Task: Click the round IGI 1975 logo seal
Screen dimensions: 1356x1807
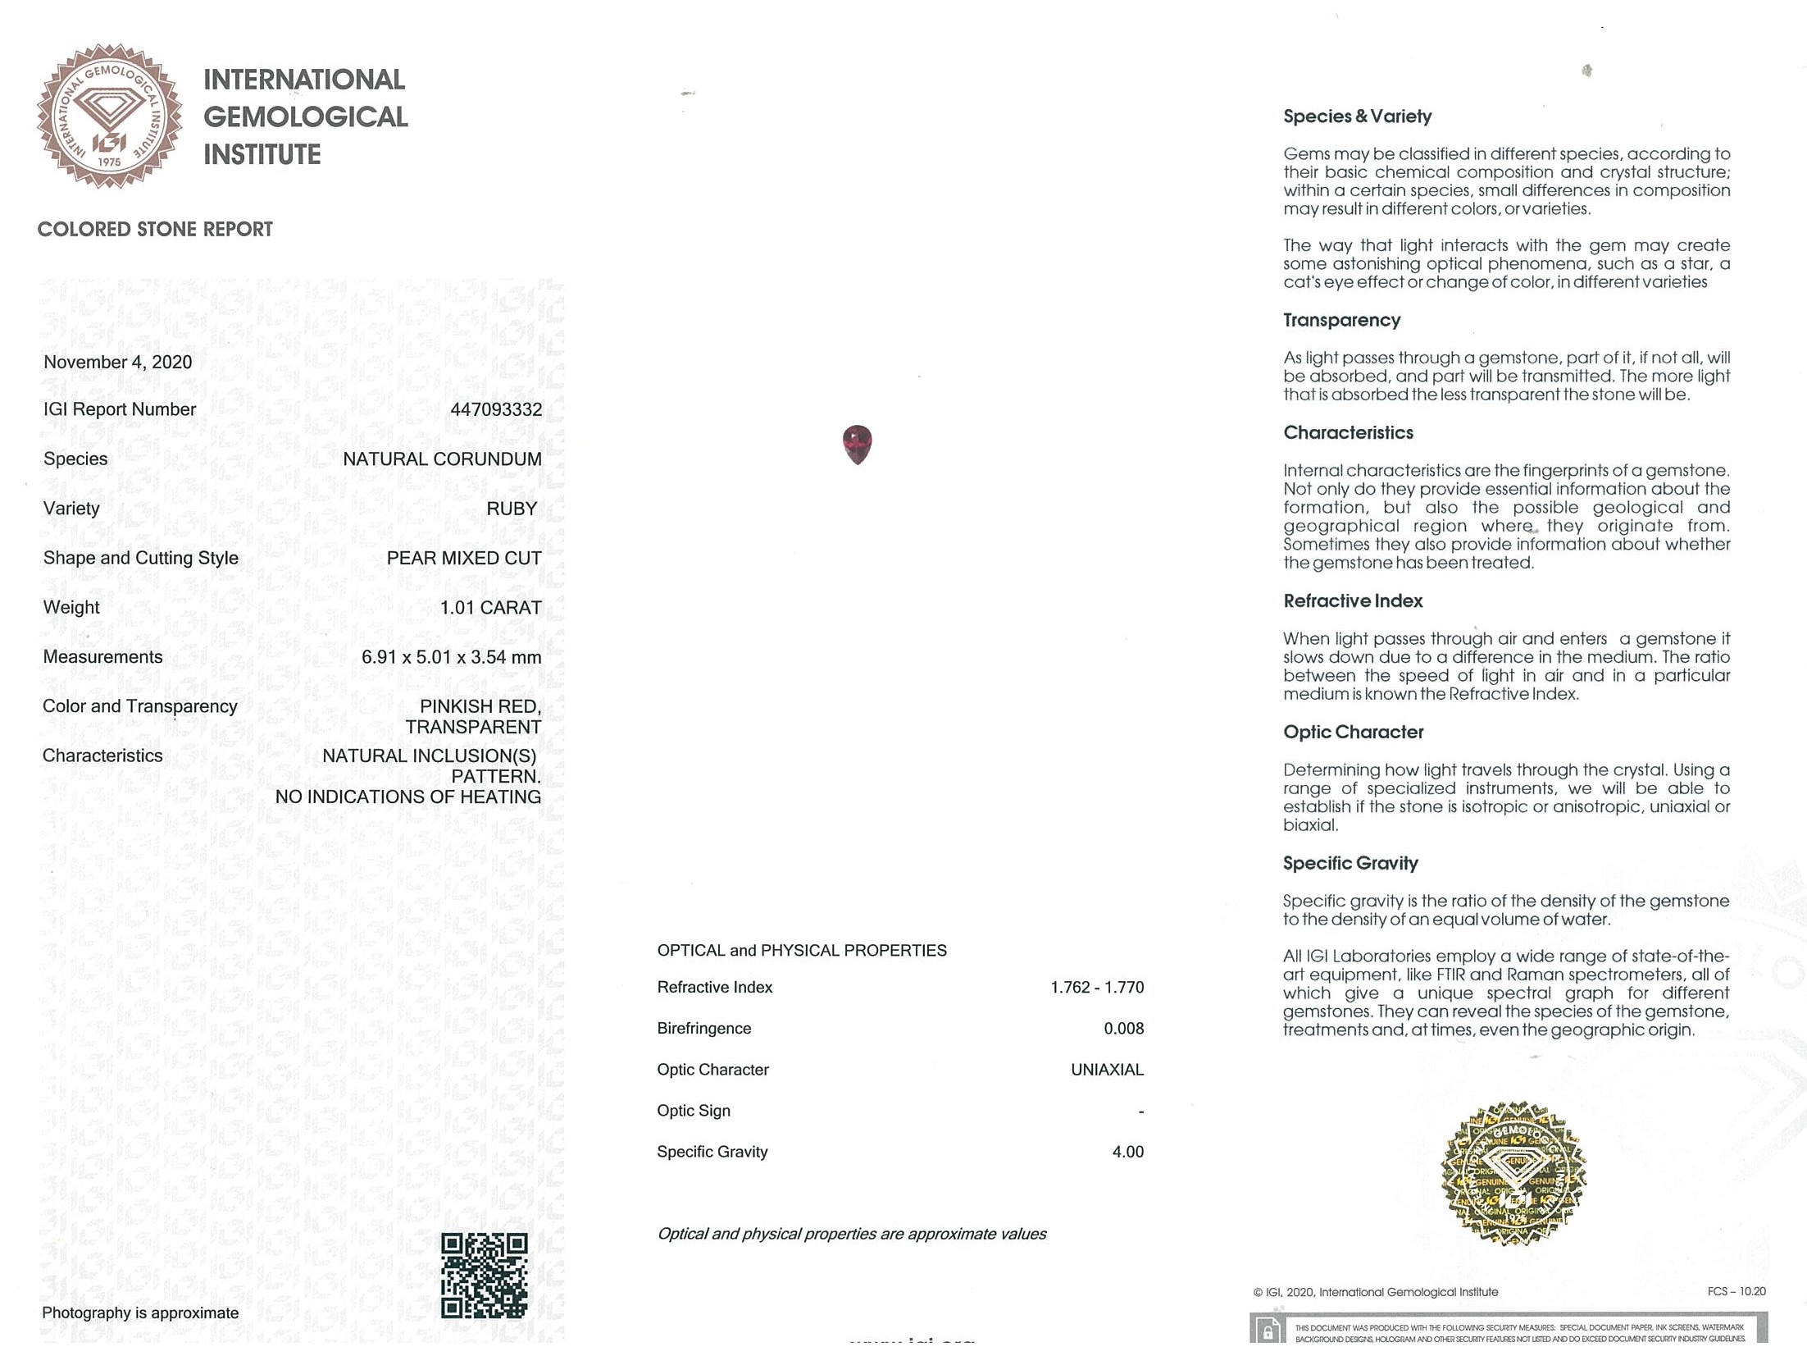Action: pyautogui.click(x=109, y=116)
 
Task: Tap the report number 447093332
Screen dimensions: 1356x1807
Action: pyautogui.click(x=496, y=409)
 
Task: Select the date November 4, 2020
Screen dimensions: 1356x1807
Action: pyautogui.click(x=117, y=362)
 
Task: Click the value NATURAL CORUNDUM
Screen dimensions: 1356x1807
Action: pyautogui.click(x=442, y=459)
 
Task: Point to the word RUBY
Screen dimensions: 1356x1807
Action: pyautogui.click(x=512, y=509)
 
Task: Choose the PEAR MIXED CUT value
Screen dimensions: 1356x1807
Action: pyautogui.click(x=464, y=558)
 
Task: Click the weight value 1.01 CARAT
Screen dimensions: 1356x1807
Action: pyautogui.click(x=490, y=608)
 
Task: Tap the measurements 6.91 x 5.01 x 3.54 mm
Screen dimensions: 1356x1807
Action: pyautogui.click(x=451, y=657)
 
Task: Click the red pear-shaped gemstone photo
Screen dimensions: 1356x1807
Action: pyautogui.click(x=857, y=444)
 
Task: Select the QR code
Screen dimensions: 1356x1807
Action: pyautogui.click(x=484, y=1276)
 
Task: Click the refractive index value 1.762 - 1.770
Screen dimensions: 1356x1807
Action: pyautogui.click(x=1096, y=987)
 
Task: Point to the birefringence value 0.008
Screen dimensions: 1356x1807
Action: pyautogui.click(x=1123, y=1028)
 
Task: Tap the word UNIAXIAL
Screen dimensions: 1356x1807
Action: pyautogui.click(x=1107, y=1070)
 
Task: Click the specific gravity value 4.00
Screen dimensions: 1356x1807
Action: pyautogui.click(x=1127, y=1152)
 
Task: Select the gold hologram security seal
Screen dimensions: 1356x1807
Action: pyautogui.click(x=1513, y=1172)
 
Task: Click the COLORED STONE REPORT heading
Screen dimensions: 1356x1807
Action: pyautogui.click(x=155, y=230)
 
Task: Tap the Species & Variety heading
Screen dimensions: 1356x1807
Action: pyautogui.click(x=1357, y=116)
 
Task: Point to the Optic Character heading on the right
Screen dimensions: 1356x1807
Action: pyautogui.click(x=1353, y=732)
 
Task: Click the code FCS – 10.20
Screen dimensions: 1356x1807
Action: pyautogui.click(x=1736, y=1291)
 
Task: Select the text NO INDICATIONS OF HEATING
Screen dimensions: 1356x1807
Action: pyautogui.click(x=407, y=797)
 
